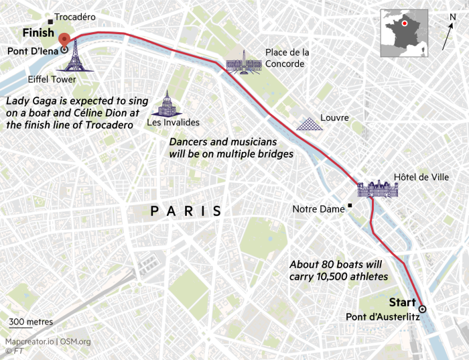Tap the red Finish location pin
64,40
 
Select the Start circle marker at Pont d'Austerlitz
422,308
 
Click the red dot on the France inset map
405,24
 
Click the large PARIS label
186,211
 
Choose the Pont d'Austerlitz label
383,317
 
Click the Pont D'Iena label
31,50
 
